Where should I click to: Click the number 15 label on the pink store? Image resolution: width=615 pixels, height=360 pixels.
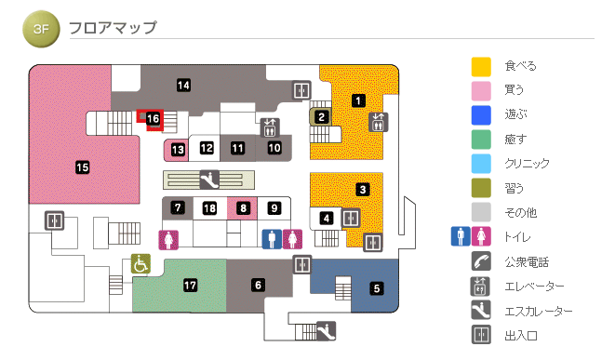click(82, 167)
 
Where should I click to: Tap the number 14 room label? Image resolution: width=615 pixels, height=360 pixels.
click(184, 86)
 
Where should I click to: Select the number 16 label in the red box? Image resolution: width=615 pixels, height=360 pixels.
click(154, 119)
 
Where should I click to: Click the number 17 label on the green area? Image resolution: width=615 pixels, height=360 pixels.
click(191, 285)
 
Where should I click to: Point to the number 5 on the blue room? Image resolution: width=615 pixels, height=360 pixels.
click(377, 287)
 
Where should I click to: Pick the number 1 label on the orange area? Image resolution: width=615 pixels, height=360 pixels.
click(359, 100)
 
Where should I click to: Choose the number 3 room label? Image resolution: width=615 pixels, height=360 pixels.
click(363, 190)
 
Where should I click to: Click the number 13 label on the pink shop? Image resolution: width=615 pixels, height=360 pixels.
click(177, 148)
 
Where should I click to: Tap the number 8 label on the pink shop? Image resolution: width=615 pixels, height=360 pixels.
click(243, 207)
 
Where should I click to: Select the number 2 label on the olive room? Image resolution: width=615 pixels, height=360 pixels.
click(321, 116)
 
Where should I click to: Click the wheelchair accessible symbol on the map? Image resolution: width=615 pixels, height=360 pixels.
click(140, 265)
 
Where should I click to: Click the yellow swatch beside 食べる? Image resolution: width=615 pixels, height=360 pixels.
click(481, 66)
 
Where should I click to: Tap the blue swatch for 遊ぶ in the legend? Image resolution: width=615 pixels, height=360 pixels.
click(481, 114)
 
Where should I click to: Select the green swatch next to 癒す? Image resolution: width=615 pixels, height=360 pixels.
click(481, 139)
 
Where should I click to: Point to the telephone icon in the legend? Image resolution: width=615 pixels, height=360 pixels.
click(481, 261)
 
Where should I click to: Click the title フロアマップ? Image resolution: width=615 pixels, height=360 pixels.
click(113, 29)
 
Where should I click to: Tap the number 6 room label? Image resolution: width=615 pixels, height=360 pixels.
click(258, 285)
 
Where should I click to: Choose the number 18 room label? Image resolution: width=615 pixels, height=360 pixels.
click(210, 207)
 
